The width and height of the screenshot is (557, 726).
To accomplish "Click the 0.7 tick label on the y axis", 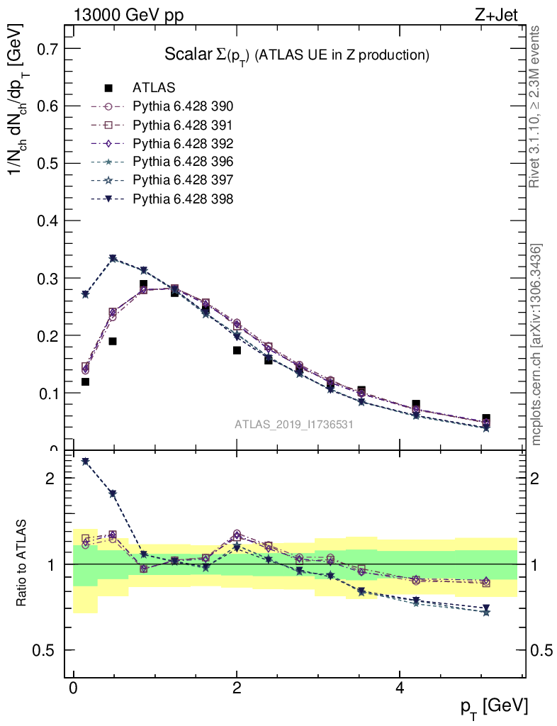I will [x=43, y=49].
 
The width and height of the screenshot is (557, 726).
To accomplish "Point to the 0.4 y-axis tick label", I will [x=43, y=221].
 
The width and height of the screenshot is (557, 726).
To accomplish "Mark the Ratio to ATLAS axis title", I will [x=23, y=564].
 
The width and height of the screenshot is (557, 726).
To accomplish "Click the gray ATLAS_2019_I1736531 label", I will [x=294, y=424].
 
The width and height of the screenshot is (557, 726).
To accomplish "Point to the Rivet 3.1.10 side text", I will [x=535, y=106].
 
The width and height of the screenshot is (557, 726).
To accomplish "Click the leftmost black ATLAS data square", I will [x=85, y=382].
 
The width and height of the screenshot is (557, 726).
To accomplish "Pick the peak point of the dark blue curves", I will [x=113, y=258].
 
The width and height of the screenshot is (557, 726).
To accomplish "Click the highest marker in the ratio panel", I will [x=85, y=461].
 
